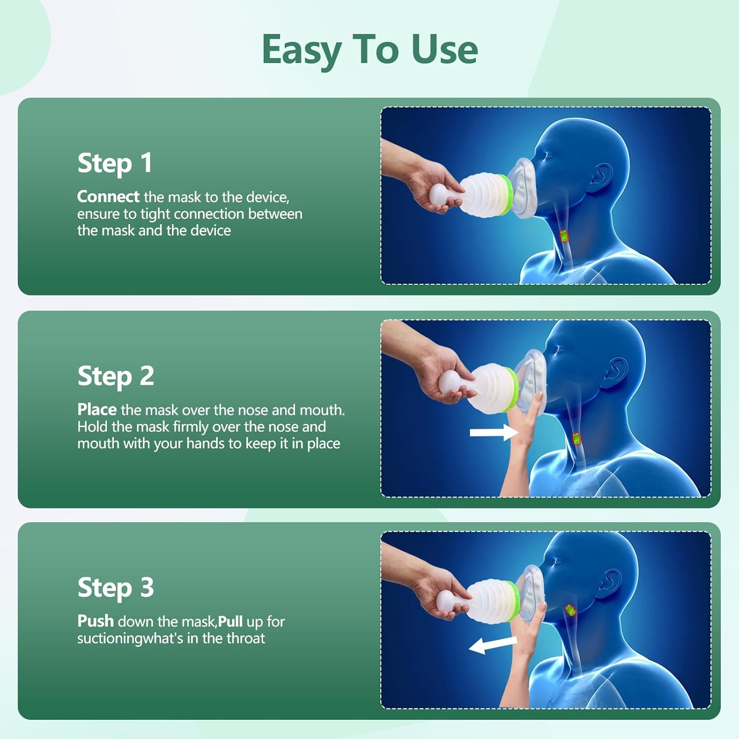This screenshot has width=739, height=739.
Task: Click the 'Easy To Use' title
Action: coord(369,50)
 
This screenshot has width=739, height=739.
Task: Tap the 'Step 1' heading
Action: coord(115,163)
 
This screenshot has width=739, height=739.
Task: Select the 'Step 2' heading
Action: coord(116,376)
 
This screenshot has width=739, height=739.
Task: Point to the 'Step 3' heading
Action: coord(116,588)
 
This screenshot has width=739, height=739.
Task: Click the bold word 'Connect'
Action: coord(108,197)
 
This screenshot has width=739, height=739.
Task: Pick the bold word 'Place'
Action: coord(97,409)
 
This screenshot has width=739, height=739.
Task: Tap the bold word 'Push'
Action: coord(96,621)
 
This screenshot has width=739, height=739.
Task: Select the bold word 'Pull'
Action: coord(230,621)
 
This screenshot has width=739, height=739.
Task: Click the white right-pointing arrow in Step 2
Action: coord(494,432)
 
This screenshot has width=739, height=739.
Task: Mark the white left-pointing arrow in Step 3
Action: coord(493,644)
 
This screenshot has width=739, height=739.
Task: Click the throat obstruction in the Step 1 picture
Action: coord(565,236)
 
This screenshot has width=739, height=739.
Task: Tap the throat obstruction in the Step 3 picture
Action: coord(570,610)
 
